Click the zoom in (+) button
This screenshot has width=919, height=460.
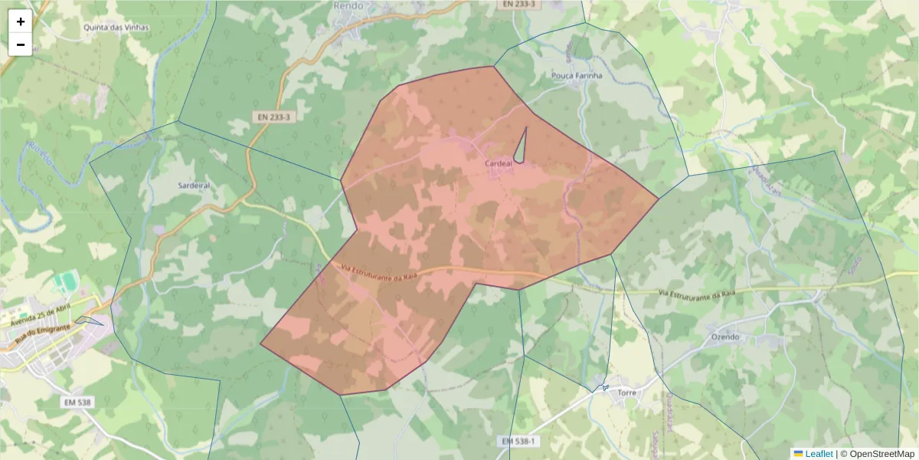click(21, 21)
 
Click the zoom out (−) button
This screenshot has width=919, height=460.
click(21, 44)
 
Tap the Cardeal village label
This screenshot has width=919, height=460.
click(499, 164)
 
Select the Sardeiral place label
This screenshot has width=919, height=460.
click(194, 186)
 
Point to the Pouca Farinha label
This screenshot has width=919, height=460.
click(577, 76)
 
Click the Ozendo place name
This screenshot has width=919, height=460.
click(725, 337)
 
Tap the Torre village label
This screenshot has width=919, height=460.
click(626, 392)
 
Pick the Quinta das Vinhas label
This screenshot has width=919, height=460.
click(116, 28)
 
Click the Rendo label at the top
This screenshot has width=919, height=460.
click(348, 5)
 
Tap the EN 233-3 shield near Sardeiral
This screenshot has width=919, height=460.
click(273, 117)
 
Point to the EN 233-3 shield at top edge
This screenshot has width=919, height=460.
click(518, 4)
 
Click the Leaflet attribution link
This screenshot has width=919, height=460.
click(819, 454)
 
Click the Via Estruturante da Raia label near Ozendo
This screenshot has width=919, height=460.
click(697, 294)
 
